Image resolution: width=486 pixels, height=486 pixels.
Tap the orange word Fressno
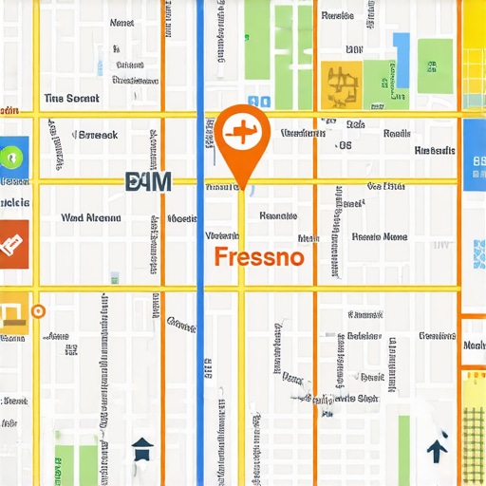point(259,256)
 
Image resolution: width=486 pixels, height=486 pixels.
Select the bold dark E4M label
point(148,181)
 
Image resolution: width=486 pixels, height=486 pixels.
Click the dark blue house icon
point(141,447)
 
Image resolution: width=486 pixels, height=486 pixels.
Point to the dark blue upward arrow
point(437,449)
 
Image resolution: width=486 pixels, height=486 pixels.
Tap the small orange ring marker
point(38,309)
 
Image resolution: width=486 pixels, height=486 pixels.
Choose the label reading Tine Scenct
point(71,99)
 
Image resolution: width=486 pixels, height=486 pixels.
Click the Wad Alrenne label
point(91,217)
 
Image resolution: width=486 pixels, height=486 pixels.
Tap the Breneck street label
point(92,135)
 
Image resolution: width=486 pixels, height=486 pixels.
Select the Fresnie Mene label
point(380,236)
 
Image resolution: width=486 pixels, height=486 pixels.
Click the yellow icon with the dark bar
point(13,314)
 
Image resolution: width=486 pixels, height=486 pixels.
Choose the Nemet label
point(122,22)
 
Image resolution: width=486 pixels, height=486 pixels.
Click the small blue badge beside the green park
point(258,102)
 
